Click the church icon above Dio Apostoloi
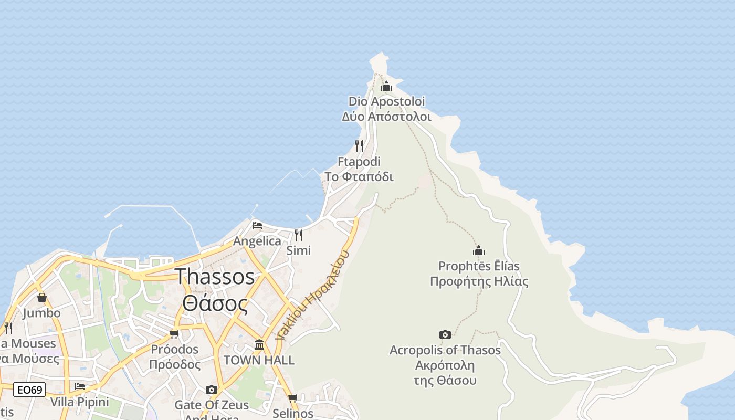(x=386, y=86)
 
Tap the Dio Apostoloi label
(x=386, y=109)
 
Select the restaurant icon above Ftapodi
(x=359, y=146)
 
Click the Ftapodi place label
(x=359, y=169)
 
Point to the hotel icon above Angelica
(x=257, y=226)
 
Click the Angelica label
(x=257, y=241)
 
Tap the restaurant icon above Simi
(x=298, y=235)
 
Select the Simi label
(x=298, y=250)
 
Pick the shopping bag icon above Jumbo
(x=42, y=298)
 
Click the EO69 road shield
(x=29, y=390)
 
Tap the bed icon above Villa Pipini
(x=80, y=386)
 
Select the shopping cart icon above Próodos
(x=174, y=334)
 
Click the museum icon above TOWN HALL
(x=259, y=344)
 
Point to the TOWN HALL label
(x=259, y=361)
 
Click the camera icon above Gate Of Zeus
(x=212, y=390)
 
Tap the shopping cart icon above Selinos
(x=293, y=398)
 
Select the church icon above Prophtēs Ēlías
(x=479, y=250)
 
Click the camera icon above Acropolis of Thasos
(x=445, y=334)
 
